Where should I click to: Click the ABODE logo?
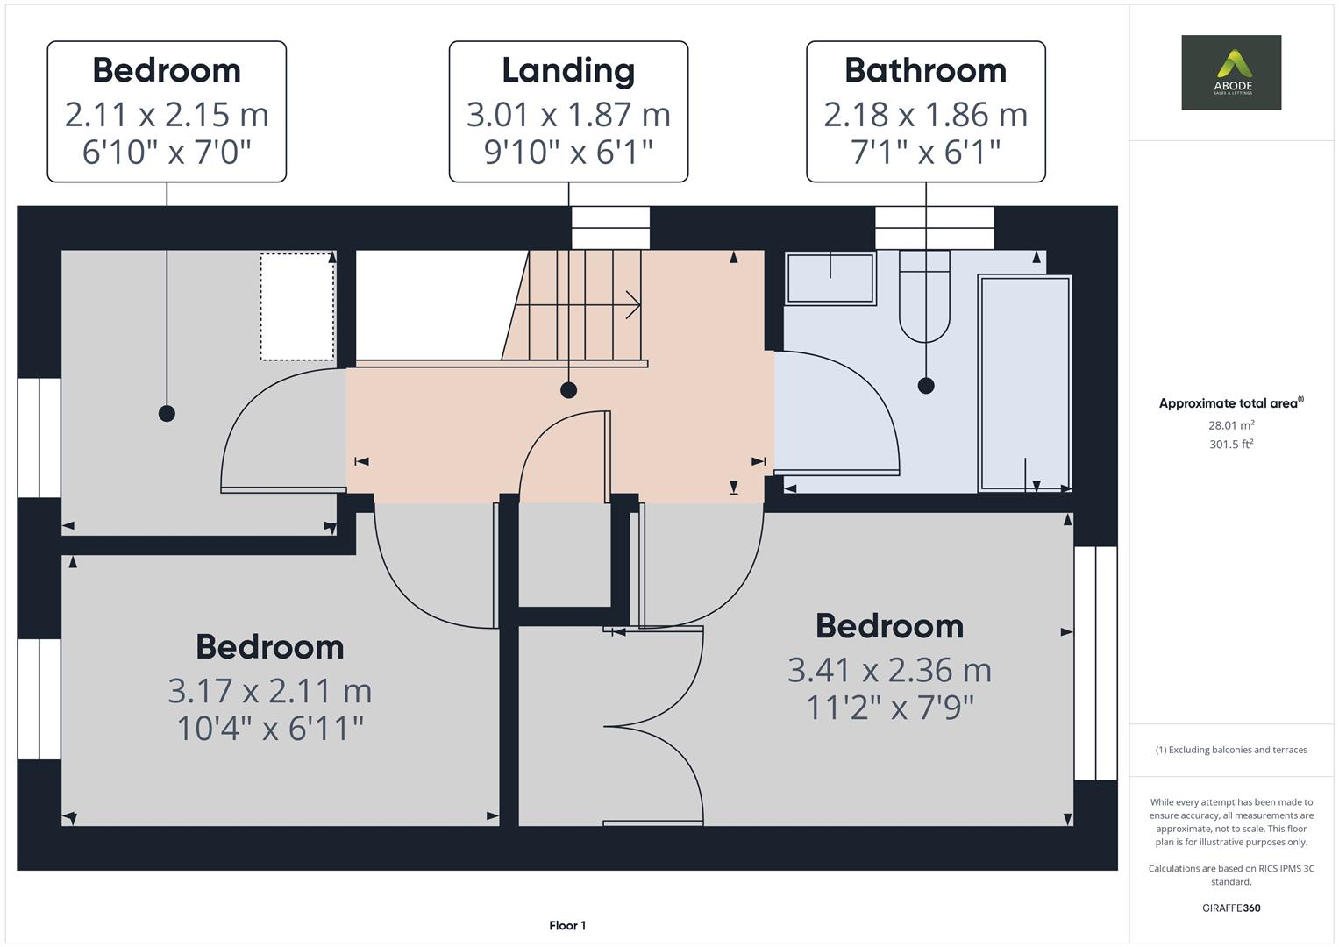tap(1231, 72)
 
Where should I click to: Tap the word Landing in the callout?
tap(568, 71)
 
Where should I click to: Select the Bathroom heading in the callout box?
tap(925, 70)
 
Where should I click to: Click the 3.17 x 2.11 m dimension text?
tap(269, 691)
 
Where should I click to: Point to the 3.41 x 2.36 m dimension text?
tap(889, 670)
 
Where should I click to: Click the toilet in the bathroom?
tap(925, 296)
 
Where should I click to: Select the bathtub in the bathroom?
tap(1024, 383)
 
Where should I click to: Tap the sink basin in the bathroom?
tap(830, 279)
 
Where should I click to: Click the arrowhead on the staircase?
tap(634, 305)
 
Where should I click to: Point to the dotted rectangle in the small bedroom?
tap(297, 307)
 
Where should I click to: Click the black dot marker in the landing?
tap(568, 390)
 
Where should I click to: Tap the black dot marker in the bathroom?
tap(926, 386)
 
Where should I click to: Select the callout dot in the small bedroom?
tap(167, 413)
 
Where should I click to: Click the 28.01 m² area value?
tap(1231, 425)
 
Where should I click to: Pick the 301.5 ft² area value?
tap(1231, 445)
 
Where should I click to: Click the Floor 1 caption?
tap(567, 925)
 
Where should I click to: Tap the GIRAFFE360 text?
tap(1231, 908)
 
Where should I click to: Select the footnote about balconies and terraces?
tap(1231, 750)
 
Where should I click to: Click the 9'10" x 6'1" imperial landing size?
tap(568, 152)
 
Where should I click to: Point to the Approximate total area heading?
tap(1231, 403)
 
